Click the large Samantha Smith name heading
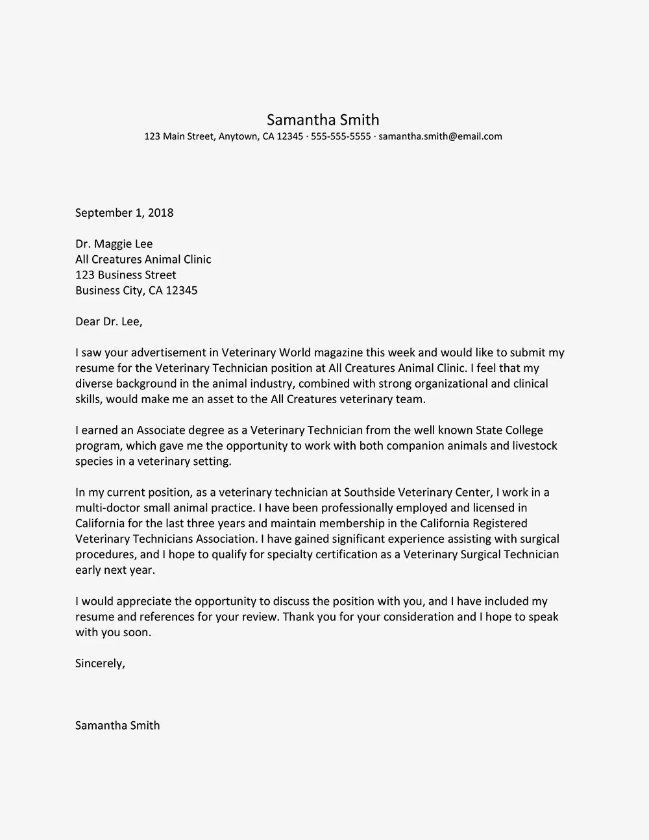pos(323,119)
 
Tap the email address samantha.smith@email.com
pos(440,136)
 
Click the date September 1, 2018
pos(124,213)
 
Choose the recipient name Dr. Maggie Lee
pos(114,244)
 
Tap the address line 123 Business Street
pos(125,275)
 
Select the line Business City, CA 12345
pos(136,291)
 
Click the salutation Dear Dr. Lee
pos(108,322)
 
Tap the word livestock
pos(533,446)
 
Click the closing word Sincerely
pos(99,663)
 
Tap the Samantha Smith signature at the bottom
pos(117,726)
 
